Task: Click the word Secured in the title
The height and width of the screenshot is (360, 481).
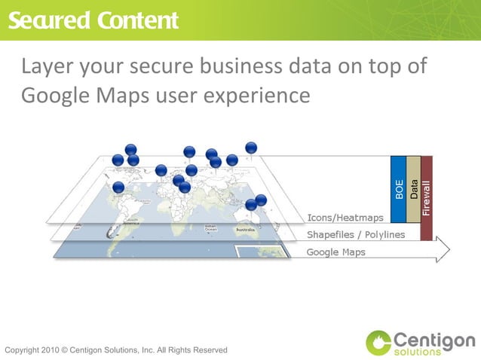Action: (x=47, y=20)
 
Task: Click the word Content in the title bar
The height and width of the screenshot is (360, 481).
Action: (x=138, y=20)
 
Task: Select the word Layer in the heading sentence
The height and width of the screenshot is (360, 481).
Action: (x=49, y=66)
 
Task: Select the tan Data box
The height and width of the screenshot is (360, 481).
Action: (x=414, y=189)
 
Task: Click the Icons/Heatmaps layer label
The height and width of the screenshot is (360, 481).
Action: (x=345, y=218)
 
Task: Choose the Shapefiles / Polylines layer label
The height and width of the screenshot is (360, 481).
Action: (x=355, y=234)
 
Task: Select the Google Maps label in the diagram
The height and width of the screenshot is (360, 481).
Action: (x=335, y=252)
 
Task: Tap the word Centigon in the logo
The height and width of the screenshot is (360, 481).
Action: (x=434, y=338)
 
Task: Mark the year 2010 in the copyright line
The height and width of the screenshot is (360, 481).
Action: (x=51, y=350)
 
